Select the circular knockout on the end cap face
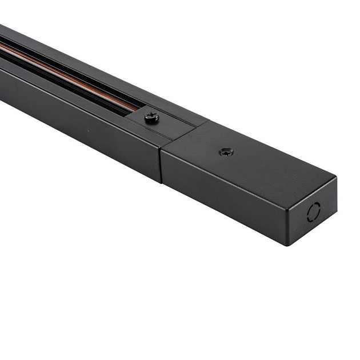[314, 212]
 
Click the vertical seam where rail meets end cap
[161, 163]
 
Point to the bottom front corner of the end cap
[289, 245]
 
